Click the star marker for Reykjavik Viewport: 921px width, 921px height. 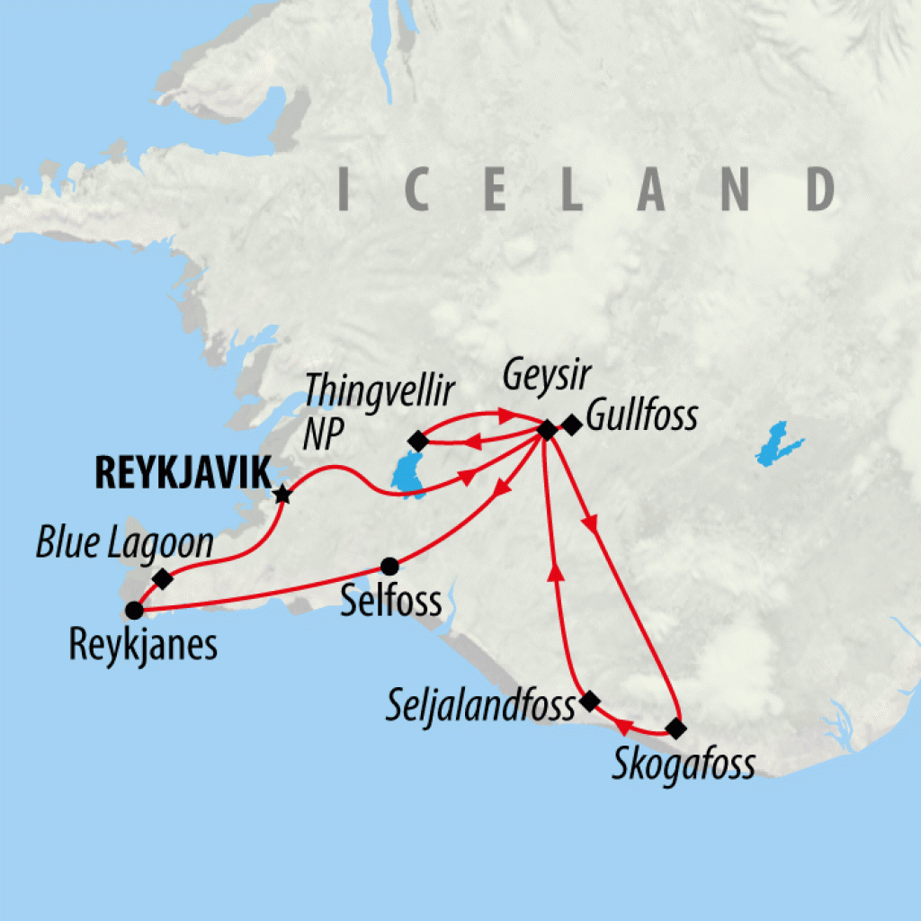click(283, 494)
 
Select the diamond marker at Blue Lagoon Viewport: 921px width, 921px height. click(163, 578)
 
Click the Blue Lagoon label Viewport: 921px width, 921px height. click(124, 543)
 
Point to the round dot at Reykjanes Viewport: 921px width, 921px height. click(133, 611)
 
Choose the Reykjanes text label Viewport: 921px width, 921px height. click(144, 645)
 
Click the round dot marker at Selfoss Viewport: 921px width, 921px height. click(389, 566)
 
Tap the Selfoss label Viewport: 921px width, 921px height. click(392, 601)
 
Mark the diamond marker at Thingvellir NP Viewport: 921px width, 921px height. click(416, 441)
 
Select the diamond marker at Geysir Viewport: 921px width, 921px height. click(546, 430)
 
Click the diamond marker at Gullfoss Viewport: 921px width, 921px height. click(571, 425)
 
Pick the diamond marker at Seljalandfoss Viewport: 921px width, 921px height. click(589, 701)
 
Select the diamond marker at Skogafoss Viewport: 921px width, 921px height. click(676, 728)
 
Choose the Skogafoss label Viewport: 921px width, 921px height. click(684, 765)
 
